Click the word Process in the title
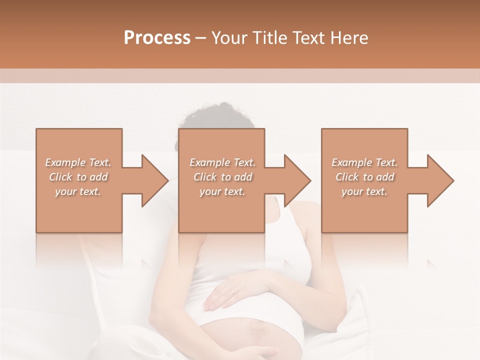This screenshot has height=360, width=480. pos(157,38)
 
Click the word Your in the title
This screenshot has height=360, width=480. pos(229,38)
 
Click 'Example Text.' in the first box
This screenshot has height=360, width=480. pos(78,162)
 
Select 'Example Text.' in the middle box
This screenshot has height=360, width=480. pos(222,162)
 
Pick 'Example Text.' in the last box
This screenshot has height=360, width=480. pos(364,162)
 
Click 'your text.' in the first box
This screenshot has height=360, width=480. pos(78,191)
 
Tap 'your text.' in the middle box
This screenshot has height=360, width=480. pos(222,191)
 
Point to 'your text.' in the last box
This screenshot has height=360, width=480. pos(364,191)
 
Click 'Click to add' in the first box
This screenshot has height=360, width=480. pos(78,177)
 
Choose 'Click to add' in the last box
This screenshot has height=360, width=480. pos(364,177)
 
